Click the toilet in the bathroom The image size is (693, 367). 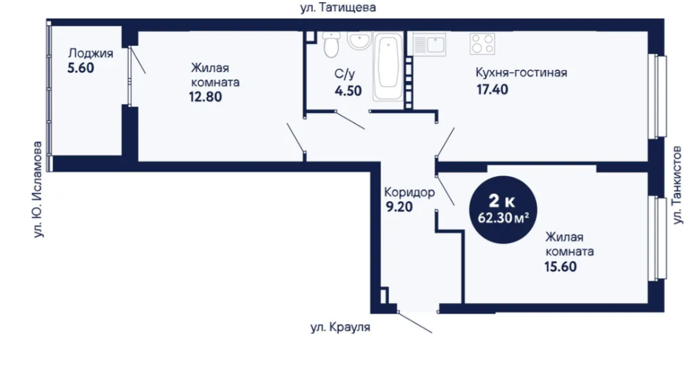click(331, 45)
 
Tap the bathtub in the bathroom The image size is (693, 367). click(388, 66)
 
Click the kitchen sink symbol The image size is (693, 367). click(429, 44)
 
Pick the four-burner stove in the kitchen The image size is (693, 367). click(482, 43)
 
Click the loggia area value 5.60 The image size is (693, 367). click(81, 68)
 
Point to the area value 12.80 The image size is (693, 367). click(205, 97)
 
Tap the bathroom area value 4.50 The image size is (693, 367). click(348, 91)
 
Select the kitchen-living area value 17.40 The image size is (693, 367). click(493, 90)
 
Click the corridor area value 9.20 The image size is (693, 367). click(399, 207)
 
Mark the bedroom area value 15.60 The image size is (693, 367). click(560, 267)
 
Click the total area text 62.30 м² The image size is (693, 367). click(504, 218)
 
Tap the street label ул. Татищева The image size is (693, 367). click(338, 7)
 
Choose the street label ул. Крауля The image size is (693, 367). click(340, 328)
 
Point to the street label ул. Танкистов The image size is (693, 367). click(677, 186)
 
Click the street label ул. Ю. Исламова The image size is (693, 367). click(38, 189)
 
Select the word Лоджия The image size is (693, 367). click(91, 54)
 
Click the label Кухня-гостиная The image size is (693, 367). click(521, 72)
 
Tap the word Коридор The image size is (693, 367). click(409, 192)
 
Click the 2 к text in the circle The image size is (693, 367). click(502, 202)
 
